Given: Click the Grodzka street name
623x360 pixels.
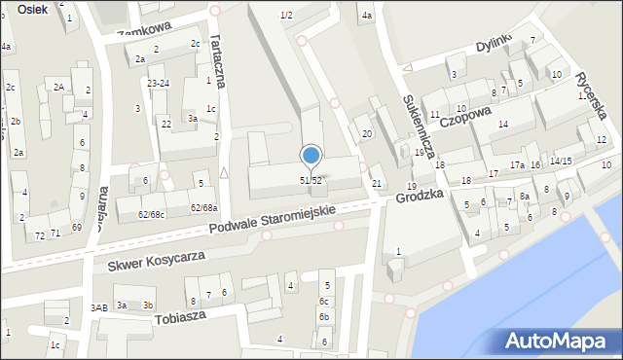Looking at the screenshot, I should click(420, 196).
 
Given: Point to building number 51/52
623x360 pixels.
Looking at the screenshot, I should click(311, 181).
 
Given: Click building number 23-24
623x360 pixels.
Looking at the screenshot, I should click(159, 84).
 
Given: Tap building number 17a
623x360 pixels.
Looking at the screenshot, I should click(517, 165).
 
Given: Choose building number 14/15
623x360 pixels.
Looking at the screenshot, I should click(561, 161).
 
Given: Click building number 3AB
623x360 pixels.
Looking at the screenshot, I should click(98, 307).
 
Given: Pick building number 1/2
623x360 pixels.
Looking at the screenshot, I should click(286, 15).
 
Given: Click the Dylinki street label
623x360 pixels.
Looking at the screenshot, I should click(493, 45).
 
